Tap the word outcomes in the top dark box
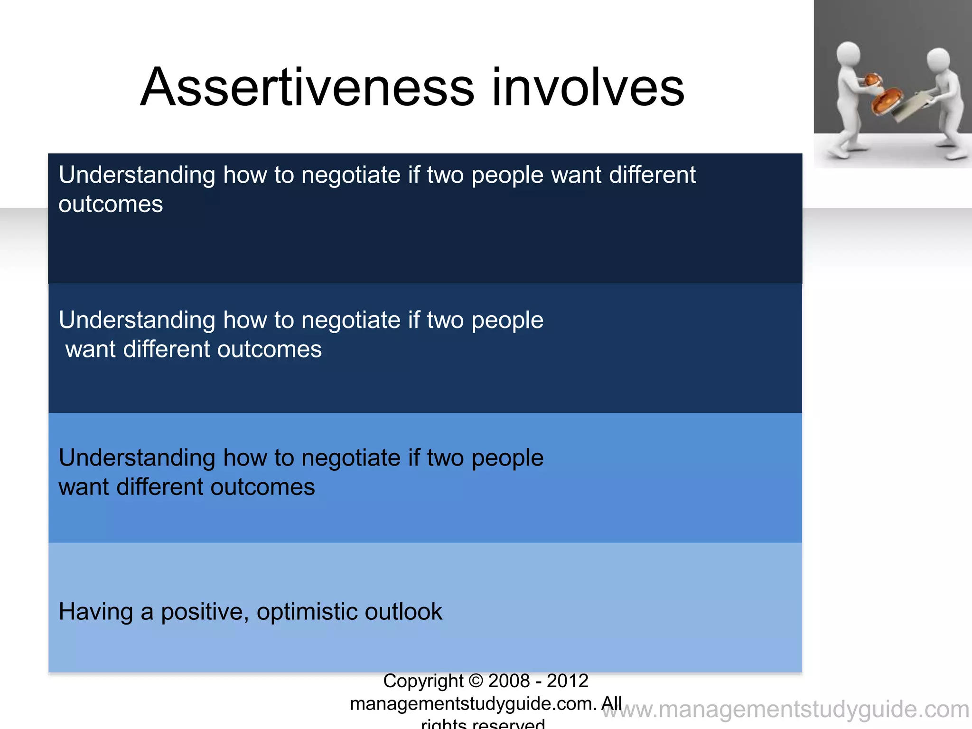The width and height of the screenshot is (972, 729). [111, 205]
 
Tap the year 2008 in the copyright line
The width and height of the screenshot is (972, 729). [509, 681]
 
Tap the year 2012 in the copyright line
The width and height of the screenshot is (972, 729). [567, 681]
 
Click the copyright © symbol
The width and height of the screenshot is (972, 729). [476, 681]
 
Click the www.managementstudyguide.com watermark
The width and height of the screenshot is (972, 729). [785, 710]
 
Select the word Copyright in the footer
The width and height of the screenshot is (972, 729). [423, 681]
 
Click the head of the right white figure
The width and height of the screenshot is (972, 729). [938, 59]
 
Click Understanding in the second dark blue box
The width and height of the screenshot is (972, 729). [137, 320]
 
